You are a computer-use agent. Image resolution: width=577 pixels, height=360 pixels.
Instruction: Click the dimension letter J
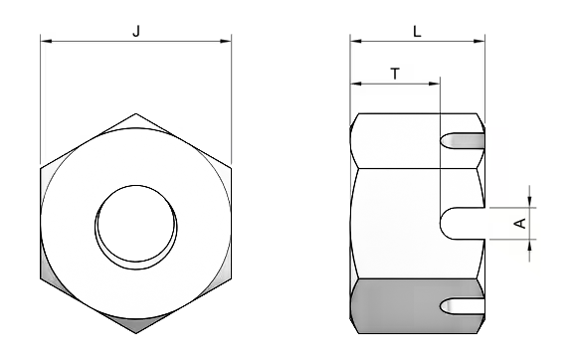(136, 31)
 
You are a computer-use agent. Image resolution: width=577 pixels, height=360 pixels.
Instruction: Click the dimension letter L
(417, 32)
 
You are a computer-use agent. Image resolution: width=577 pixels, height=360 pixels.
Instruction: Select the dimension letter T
(395, 74)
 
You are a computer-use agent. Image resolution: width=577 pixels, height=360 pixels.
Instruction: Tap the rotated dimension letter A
(521, 223)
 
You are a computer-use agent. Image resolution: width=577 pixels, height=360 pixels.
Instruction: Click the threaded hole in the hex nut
(135, 228)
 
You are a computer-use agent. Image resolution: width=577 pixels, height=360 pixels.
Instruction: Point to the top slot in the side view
(462, 141)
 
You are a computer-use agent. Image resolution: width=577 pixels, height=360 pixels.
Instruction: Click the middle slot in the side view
(463, 224)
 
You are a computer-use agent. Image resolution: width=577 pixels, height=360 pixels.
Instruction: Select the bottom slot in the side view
(462, 306)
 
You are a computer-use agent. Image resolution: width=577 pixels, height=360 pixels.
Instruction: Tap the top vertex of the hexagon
(135, 113)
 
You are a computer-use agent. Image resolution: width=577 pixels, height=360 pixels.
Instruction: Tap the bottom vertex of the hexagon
(135, 333)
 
